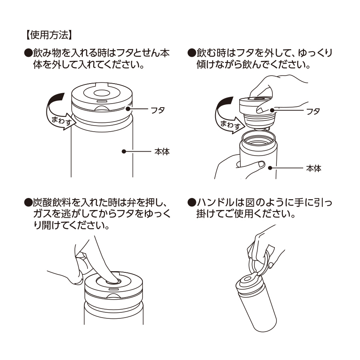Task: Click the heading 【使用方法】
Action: click(48, 35)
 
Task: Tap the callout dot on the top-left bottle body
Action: click(124, 152)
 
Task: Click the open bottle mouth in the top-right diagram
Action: click(258, 141)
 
